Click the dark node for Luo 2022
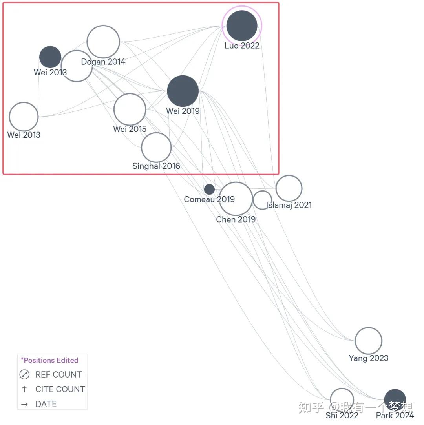point(242,26)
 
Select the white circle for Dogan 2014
point(103,42)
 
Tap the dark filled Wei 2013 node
point(50,57)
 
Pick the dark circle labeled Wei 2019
point(183,91)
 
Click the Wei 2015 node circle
point(130,109)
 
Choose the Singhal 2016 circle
point(156,148)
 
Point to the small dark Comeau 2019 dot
point(209,189)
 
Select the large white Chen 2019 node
point(236,199)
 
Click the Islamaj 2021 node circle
point(289,188)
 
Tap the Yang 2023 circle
point(368,341)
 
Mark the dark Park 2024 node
point(395,400)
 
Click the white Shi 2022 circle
point(342,399)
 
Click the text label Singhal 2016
point(156,166)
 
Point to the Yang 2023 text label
point(369,358)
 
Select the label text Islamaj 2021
point(289,205)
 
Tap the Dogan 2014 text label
point(103,62)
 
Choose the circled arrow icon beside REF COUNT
point(24,374)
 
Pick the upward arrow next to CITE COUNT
point(24,389)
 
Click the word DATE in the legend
point(46,404)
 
